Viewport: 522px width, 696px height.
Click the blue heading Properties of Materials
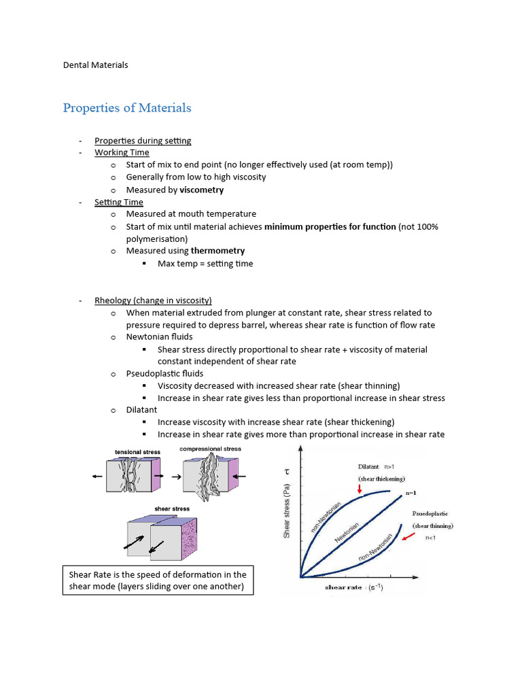(127, 107)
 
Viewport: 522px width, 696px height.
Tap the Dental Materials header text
(95, 65)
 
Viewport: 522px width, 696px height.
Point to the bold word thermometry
(217, 251)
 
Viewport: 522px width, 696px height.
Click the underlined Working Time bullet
(122, 153)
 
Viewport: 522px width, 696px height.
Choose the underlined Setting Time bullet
(119, 202)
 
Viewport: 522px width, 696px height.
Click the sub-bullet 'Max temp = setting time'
(205, 263)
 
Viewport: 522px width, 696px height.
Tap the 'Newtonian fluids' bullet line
(159, 336)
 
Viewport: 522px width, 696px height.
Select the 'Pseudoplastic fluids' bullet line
(164, 373)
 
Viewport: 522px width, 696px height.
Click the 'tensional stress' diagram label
(137, 452)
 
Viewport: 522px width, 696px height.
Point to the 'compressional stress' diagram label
(210, 449)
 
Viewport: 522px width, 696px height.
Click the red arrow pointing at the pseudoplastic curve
(408, 537)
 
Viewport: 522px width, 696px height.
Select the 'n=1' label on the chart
(411, 492)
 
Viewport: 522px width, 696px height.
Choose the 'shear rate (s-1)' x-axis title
(355, 587)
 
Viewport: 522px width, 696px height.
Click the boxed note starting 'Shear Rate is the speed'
(158, 580)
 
